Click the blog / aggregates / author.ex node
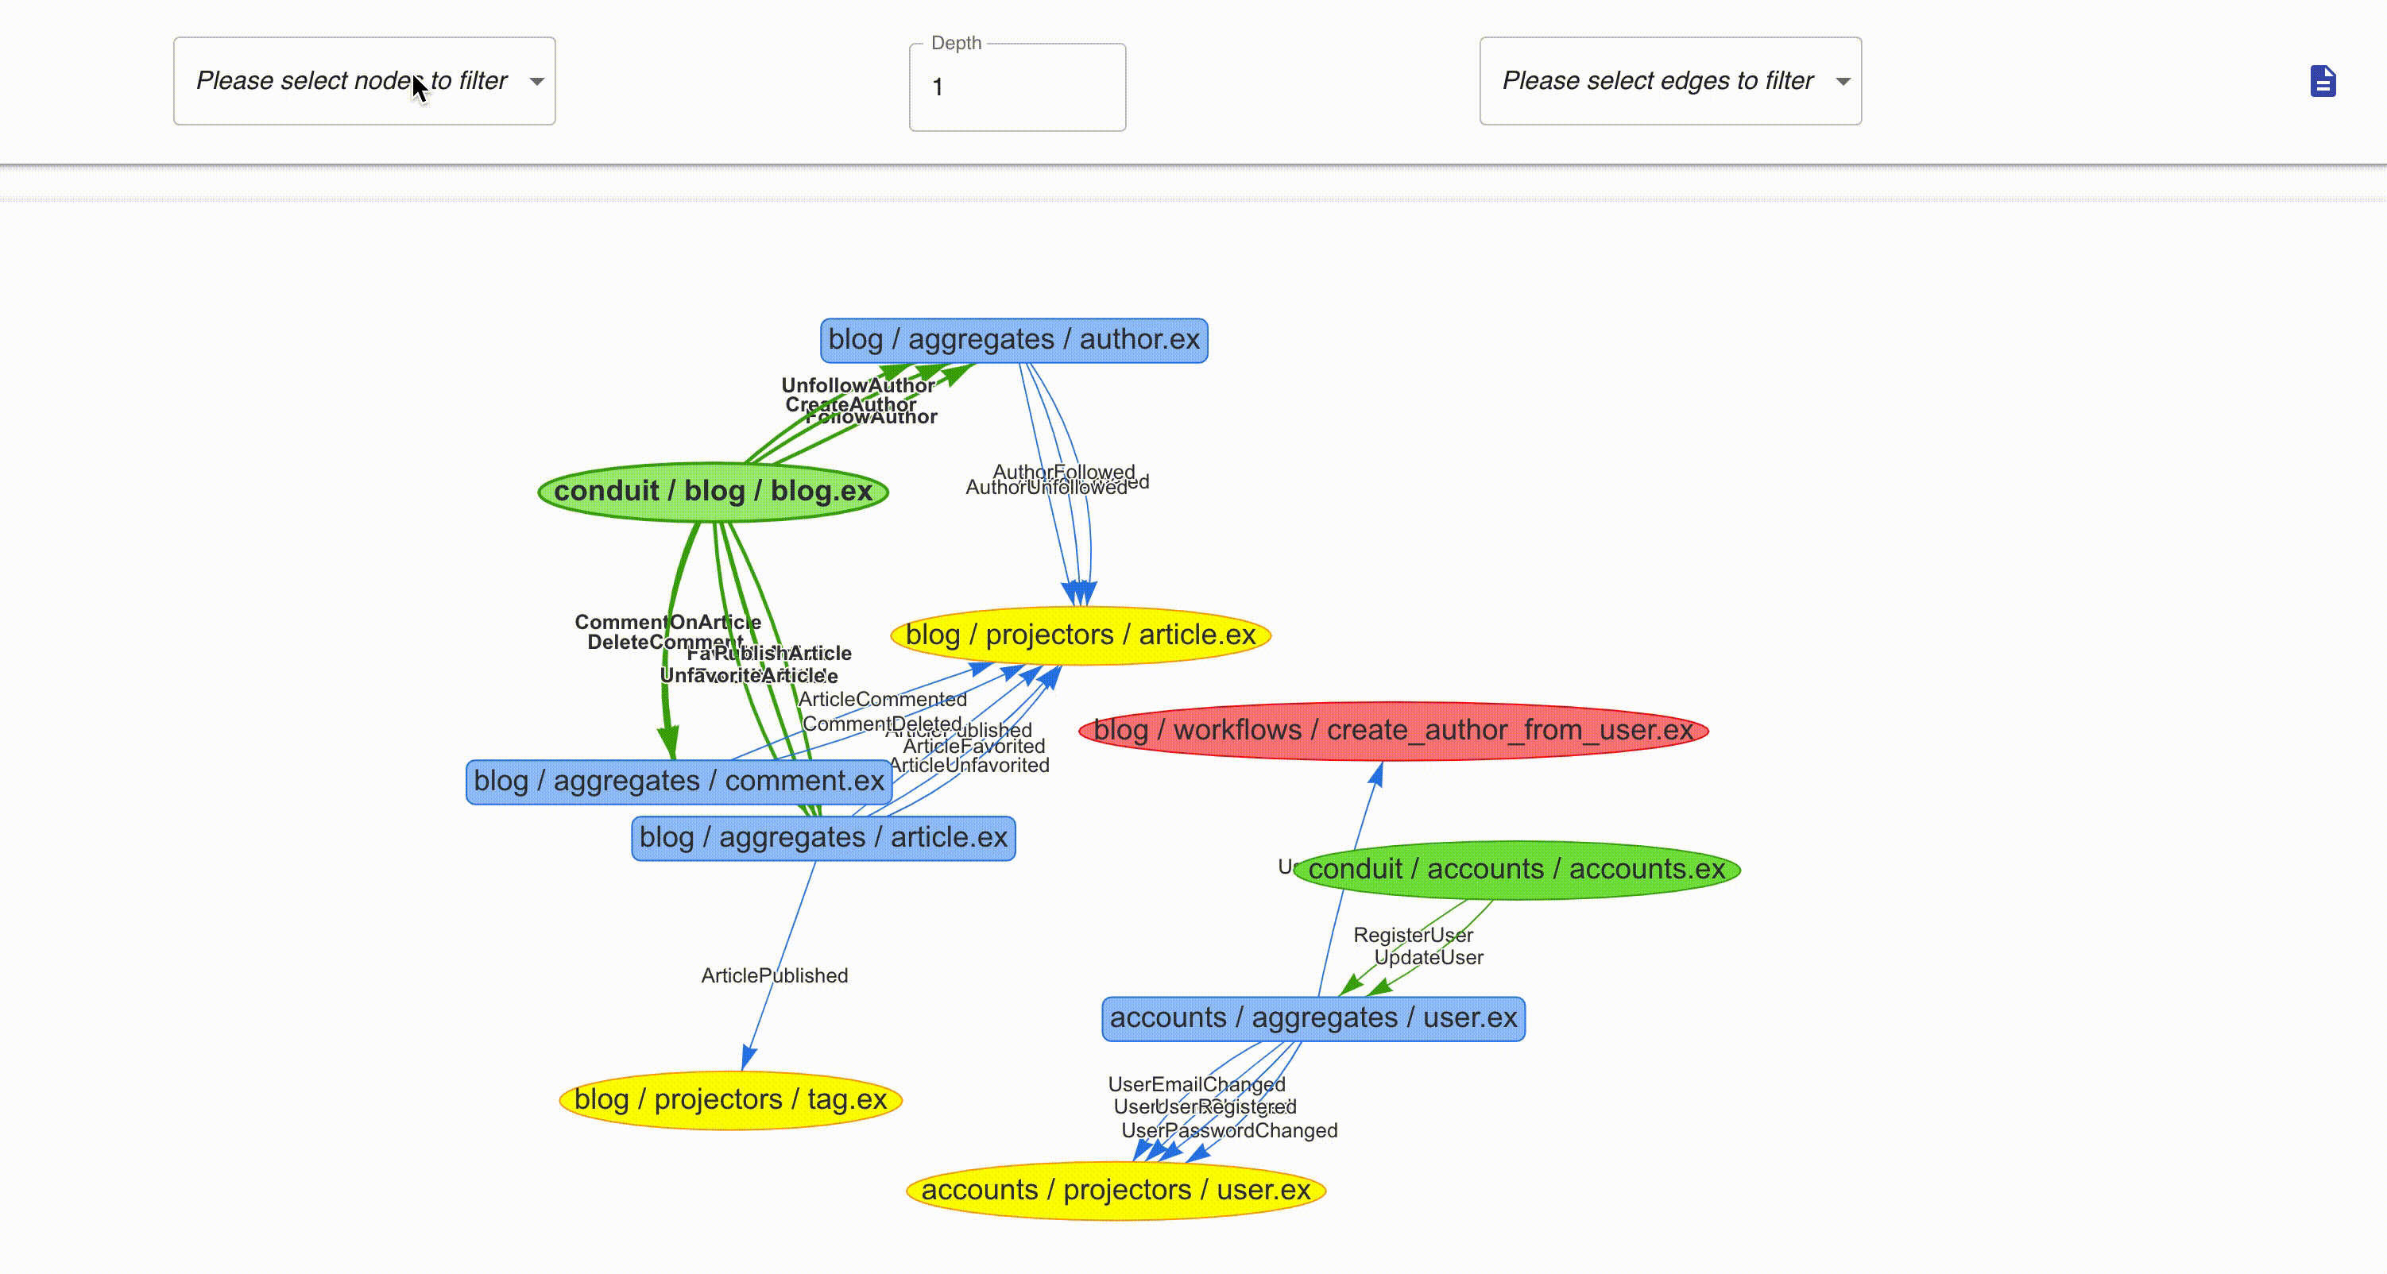pos(1014,340)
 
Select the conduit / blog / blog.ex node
pos(713,491)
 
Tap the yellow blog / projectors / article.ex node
pos(1080,635)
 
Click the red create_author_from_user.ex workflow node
pos(1393,730)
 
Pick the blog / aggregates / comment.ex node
pos(679,781)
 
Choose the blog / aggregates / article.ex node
pos(823,838)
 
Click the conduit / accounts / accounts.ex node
pos(1516,869)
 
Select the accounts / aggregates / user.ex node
pos(1313,1017)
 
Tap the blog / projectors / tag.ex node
pos(730,1100)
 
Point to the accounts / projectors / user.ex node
pos(1116,1190)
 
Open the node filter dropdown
pos(364,82)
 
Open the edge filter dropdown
pos(1669,82)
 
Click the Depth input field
pos(1017,87)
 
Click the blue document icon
pos(2322,82)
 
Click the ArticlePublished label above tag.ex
pos(774,975)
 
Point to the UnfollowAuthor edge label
pos(857,384)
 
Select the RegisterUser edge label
pos(1412,935)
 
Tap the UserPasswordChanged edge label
pos(1228,1130)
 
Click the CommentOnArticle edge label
pos(667,622)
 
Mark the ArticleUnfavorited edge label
pos(969,766)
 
